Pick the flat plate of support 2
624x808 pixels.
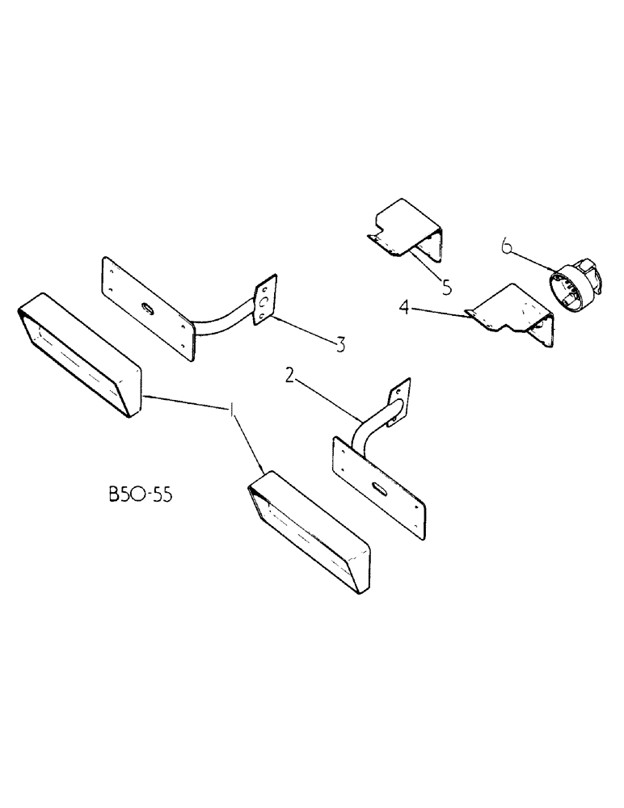[378, 482]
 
